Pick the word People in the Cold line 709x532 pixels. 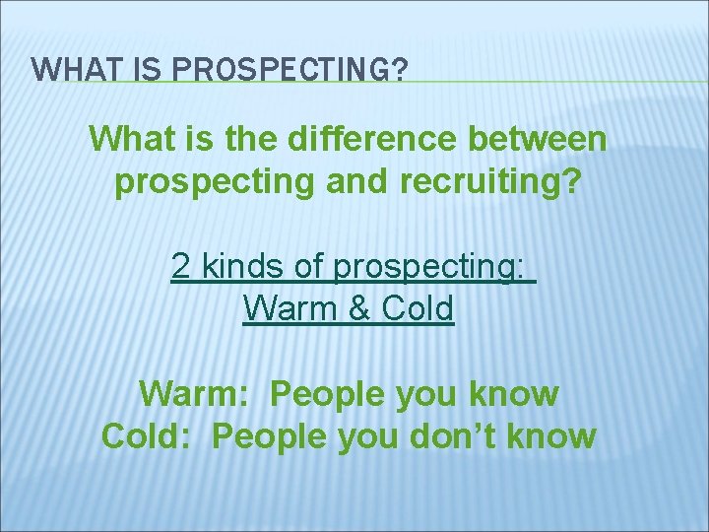269,436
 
